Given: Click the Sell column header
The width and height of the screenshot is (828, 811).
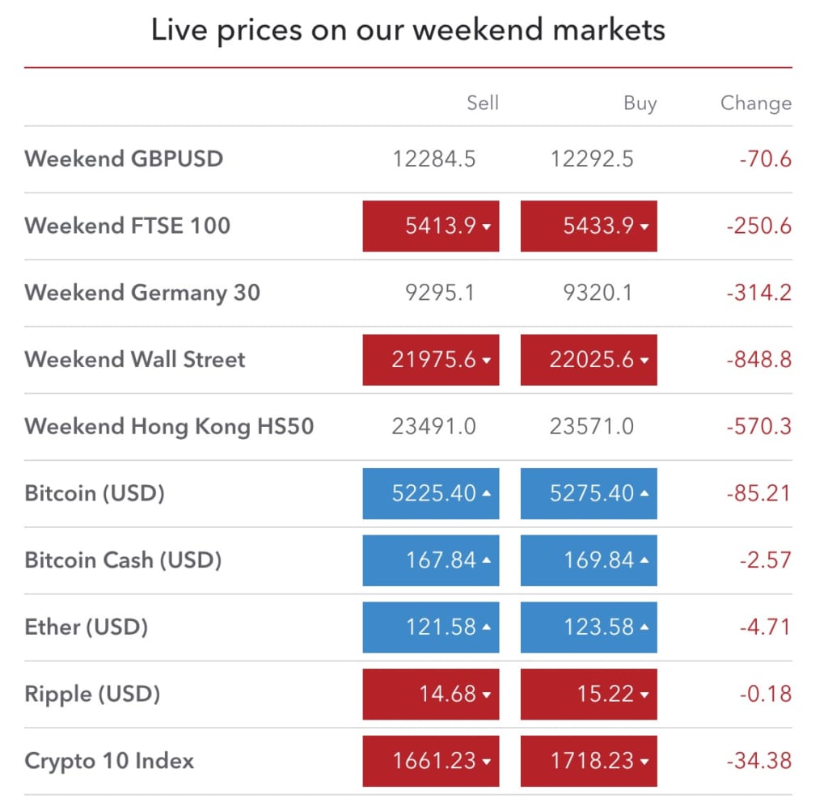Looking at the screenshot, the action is tap(483, 103).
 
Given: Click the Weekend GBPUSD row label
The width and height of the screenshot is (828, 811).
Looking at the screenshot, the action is tap(124, 159).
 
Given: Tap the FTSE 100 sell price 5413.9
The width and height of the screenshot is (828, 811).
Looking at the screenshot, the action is tap(431, 226).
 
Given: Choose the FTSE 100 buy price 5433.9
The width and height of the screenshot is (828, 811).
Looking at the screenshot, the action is tap(589, 226).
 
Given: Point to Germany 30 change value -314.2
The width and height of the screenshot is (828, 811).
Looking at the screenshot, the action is tap(759, 293).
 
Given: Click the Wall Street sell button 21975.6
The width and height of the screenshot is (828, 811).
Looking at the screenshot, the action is tap(431, 360).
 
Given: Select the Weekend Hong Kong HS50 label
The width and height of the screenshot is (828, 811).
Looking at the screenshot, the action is tap(170, 427).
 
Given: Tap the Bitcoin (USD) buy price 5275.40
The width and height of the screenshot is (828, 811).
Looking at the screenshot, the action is tap(589, 493).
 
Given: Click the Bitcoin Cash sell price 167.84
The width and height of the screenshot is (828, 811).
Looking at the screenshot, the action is tap(431, 560).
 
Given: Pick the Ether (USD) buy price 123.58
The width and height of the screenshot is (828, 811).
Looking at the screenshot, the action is tap(589, 627).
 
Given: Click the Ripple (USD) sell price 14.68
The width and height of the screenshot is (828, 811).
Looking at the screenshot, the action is tap(431, 694).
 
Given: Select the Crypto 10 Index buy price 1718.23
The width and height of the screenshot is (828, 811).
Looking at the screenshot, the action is tap(589, 761).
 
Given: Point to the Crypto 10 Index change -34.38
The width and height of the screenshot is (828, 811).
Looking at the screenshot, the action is tap(759, 761).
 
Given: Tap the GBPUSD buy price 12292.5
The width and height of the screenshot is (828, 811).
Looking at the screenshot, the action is tap(592, 159).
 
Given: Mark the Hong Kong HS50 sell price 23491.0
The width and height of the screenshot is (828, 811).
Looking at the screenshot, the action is tap(433, 427).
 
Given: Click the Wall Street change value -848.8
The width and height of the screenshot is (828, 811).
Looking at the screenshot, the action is tap(759, 360).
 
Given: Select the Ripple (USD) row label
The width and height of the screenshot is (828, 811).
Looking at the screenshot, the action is tap(92, 695).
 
